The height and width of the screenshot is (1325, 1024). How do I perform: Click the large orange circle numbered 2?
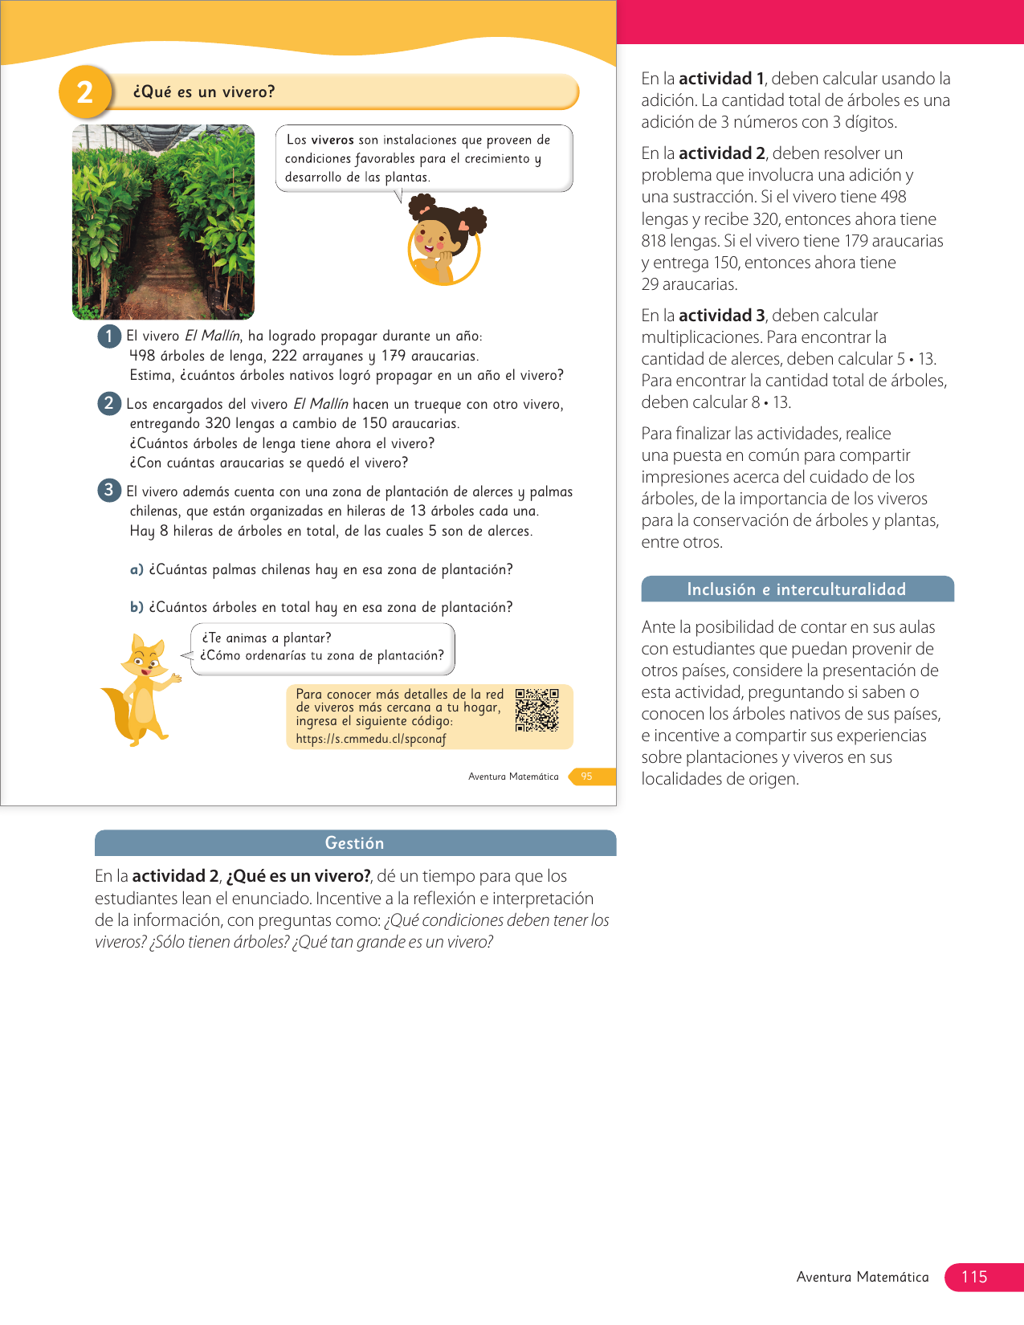click(85, 92)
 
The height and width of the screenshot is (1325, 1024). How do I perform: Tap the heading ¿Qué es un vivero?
click(204, 92)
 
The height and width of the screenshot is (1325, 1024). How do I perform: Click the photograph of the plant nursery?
click(163, 222)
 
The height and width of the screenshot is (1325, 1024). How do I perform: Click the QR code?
click(536, 709)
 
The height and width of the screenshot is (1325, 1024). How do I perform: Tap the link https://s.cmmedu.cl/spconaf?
click(370, 739)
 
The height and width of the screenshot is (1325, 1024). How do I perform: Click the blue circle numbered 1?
click(109, 336)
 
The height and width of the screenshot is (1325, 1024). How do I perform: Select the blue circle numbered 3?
click(109, 490)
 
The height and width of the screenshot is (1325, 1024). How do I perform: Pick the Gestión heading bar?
click(355, 843)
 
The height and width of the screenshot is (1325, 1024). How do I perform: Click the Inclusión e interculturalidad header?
click(797, 589)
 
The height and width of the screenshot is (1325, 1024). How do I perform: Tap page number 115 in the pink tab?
click(973, 1277)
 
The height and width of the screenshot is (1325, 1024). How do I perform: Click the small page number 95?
click(586, 777)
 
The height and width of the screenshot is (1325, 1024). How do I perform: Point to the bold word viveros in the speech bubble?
click(332, 140)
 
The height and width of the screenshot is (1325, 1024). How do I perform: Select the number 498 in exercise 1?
click(142, 356)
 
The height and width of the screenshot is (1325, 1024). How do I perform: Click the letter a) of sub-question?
click(137, 569)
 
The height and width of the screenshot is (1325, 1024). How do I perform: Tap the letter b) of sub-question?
click(137, 607)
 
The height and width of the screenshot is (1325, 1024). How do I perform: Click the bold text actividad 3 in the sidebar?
click(721, 316)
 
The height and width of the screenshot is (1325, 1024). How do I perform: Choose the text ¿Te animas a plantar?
click(266, 638)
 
